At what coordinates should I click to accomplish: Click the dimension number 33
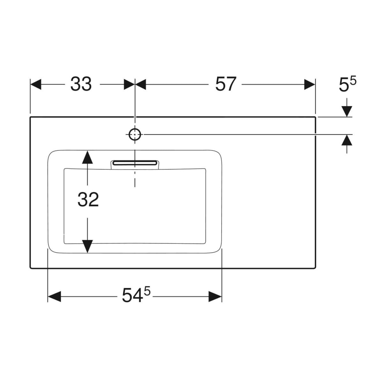[x=81, y=84]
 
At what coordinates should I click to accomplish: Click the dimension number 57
[x=226, y=84]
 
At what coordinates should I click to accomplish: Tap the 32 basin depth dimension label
[x=88, y=199]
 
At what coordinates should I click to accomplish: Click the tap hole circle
[x=135, y=135]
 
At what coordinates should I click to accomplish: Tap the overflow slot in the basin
[x=135, y=163]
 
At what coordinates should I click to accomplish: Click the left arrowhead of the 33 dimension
[x=36, y=84]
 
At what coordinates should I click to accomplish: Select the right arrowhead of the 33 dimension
[x=129, y=84]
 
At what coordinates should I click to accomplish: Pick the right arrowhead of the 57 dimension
[x=310, y=84]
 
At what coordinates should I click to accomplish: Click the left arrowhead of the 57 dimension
[x=140, y=84]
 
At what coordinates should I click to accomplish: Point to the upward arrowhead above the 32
[x=87, y=157]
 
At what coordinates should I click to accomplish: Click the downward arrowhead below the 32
[x=87, y=246]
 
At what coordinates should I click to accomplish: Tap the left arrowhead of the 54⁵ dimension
[x=54, y=297]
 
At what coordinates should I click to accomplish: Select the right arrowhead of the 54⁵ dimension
[x=215, y=297]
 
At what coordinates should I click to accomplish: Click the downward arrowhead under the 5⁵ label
[x=347, y=111]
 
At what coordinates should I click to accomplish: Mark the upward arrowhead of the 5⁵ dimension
[x=347, y=140]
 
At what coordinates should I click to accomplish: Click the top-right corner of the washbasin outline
[x=315, y=117]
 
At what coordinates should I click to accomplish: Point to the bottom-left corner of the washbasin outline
[x=30, y=268]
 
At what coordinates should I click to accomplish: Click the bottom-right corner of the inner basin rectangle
[x=205, y=243]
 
